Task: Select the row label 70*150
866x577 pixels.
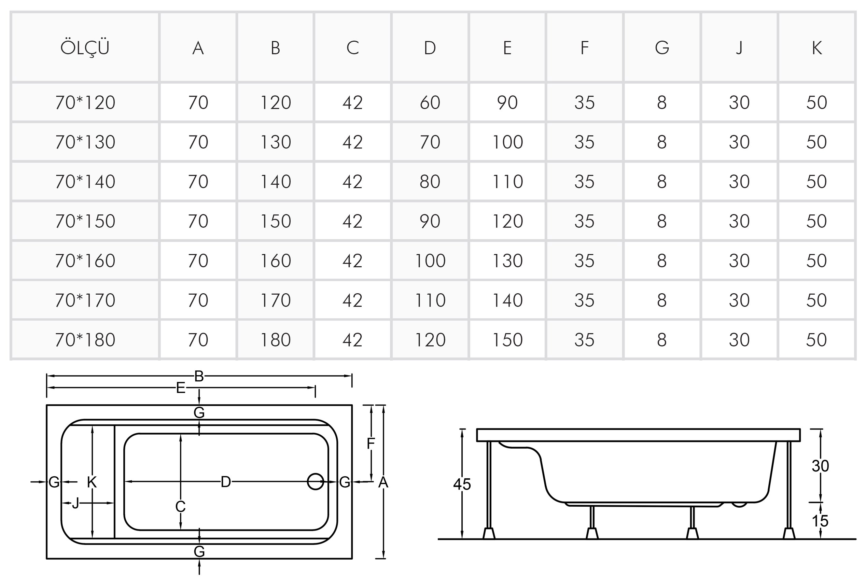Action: tap(85, 221)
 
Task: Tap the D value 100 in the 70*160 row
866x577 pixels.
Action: tap(430, 261)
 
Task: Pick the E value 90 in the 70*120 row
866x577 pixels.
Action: tap(507, 103)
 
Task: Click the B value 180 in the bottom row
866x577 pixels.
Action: tap(275, 340)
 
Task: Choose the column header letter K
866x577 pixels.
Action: tap(817, 48)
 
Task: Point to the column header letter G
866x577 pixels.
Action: tap(662, 48)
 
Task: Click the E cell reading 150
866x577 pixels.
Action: tap(507, 340)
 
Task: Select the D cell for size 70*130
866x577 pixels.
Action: tap(430, 142)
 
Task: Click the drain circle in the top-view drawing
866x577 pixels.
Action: tap(316, 481)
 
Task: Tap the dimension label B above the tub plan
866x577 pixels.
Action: tap(199, 376)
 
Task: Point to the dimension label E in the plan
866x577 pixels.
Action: tap(180, 388)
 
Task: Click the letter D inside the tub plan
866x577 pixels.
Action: tap(226, 482)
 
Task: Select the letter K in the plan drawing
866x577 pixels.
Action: tap(92, 482)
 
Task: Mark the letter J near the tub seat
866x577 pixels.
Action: tap(75, 503)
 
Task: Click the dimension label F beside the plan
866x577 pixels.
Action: tap(371, 444)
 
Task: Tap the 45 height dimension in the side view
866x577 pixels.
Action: tap(462, 484)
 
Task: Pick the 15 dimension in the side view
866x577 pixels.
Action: tap(820, 521)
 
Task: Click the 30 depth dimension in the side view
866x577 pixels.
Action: tap(820, 466)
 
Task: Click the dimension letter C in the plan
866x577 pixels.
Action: tap(180, 507)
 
